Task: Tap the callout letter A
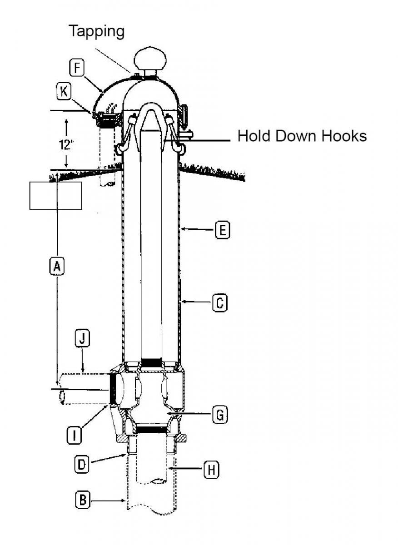[57, 266]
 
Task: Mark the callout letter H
[211, 471]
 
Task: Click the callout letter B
[82, 500]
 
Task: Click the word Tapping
[96, 31]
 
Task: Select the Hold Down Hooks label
[302, 136]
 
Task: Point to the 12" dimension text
[66, 144]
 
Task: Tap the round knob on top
[150, 59]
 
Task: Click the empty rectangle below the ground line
[55, 196]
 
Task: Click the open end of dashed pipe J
[62, 396]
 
